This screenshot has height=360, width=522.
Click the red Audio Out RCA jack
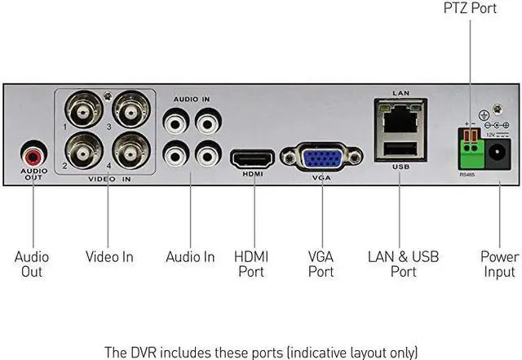(33, 155)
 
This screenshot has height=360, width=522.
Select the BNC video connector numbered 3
(130, 109)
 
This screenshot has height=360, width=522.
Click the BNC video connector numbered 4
(130, 151)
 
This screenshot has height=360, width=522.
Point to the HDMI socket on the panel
(252, 158)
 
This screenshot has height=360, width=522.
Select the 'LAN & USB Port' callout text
(403, 264)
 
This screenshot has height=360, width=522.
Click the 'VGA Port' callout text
(321, 264)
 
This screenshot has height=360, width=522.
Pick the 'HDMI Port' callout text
(251, 264)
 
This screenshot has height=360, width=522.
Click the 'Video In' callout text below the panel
(109, 256)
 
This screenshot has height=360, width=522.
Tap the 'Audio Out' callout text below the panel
(32, 264)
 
